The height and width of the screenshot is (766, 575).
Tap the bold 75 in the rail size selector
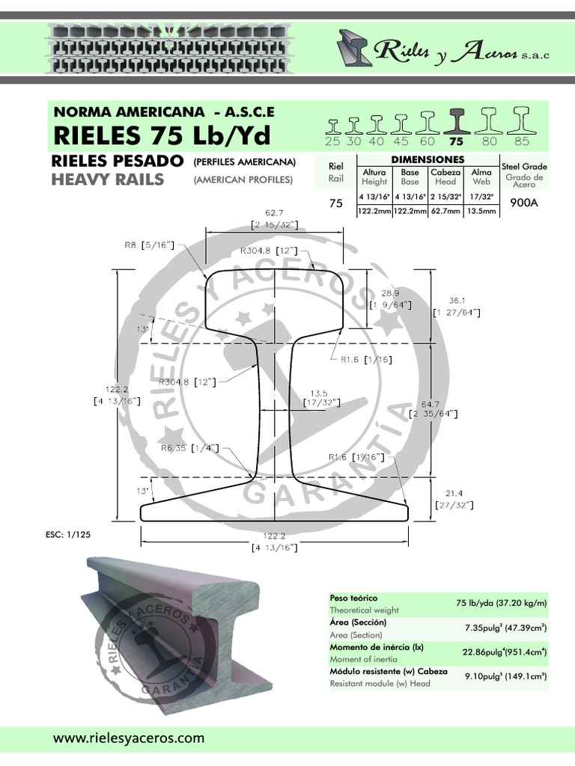[455, 141]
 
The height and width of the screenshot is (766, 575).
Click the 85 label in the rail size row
[522, 141]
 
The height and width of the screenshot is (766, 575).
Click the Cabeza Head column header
[445, 177]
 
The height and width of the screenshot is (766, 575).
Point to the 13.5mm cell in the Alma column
[481, 212]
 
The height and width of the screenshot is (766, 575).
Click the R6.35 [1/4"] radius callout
[189, 448]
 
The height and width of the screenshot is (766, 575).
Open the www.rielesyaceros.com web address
[128, 738]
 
